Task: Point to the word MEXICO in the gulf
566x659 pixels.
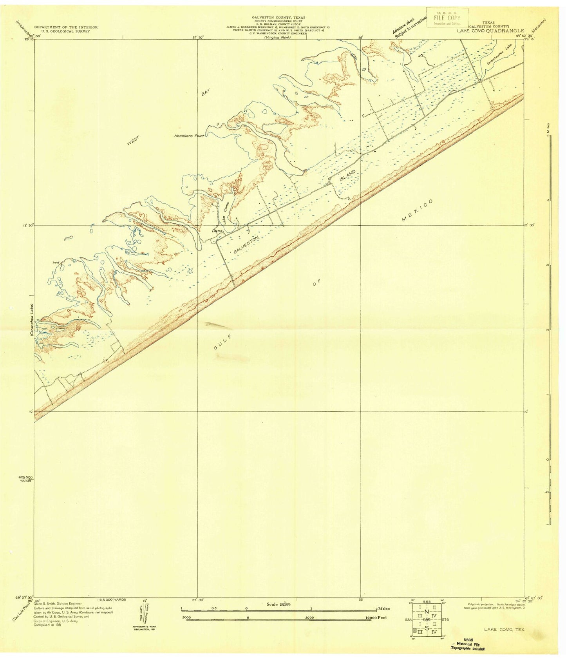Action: tap(418, 211)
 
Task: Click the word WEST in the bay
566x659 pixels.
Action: tap(133, 140)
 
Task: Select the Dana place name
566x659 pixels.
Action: tap(217, 231)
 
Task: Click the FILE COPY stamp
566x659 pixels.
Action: tap(447, 18)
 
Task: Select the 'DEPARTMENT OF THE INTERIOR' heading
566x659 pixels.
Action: tap(65, 27)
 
